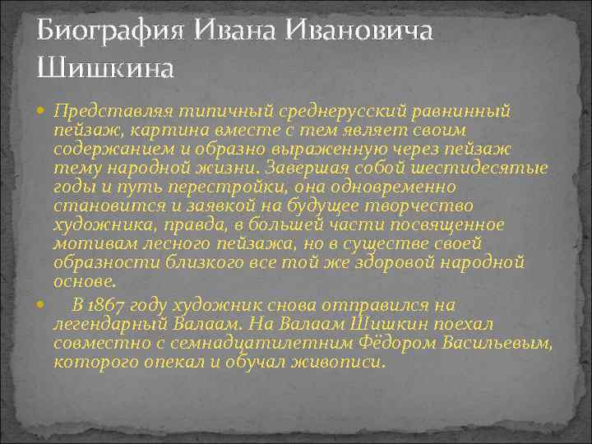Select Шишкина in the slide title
click(105, 66)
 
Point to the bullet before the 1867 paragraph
click(42, 303)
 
